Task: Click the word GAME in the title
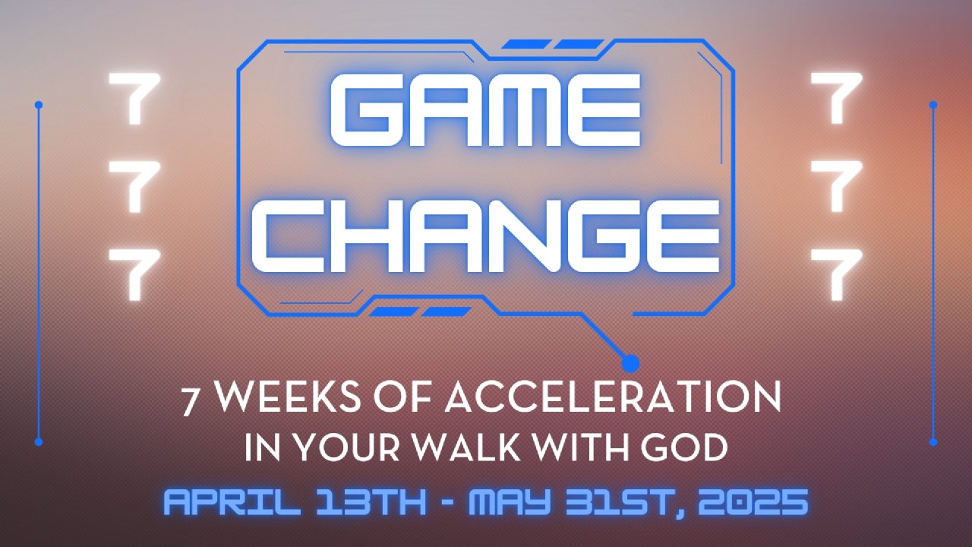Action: point(485,109)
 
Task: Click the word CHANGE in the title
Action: point(485,236)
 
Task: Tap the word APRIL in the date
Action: point(232,501)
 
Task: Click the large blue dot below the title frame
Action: point(630,363)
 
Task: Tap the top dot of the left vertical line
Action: point(39,105)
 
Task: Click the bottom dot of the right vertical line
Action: point(933,442)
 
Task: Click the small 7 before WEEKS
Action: point(190,402)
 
